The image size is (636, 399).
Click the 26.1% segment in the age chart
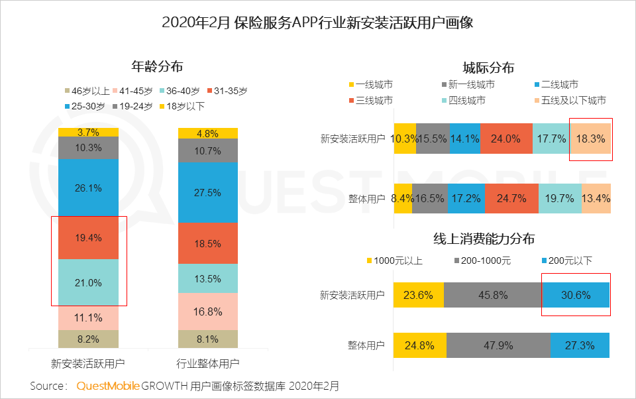(x=88, y=188)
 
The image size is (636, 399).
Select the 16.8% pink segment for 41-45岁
(x=208, y=312)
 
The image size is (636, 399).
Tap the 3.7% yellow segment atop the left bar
(x=88, y=132)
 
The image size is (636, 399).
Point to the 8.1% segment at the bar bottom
(x=208, y=339)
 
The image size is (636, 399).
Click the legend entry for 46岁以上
(x=86, y=91)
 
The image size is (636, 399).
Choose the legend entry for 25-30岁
(x=84, y=106)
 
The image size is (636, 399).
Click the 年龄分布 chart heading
(x=157, y=67)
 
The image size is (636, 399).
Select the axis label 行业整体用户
(x=208, y=364)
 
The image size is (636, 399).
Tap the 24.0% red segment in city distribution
(x=506, y=139)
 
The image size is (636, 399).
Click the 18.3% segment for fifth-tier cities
(x=590, y=139)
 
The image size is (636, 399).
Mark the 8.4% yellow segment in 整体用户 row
(x=403, y=198)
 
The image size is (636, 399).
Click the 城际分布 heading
(x=488, y=68)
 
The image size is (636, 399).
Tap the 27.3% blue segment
(x=580, y=345)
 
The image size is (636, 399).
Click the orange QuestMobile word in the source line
(x=107, y=386)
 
